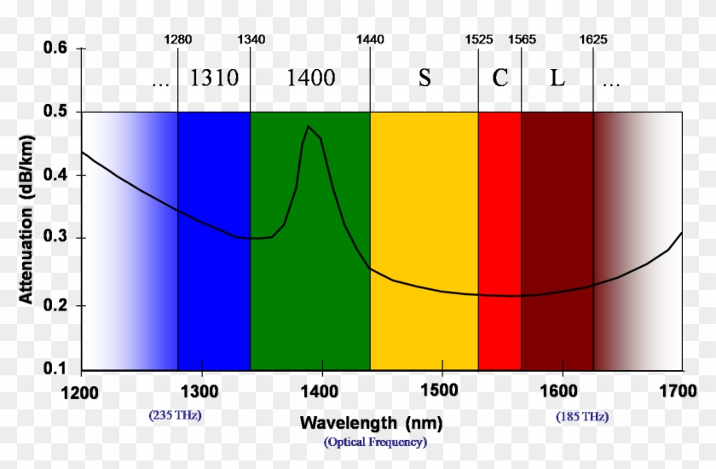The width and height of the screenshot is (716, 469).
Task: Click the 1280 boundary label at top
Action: tap(178, 40)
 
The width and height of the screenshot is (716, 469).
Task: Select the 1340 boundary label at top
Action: tap(251, 40)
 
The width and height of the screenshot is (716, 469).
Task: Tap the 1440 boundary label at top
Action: tap(370, 40)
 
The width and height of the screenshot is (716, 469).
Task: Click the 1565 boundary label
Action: tap(523, 40)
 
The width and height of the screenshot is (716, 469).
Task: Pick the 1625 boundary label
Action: tap(593, 40)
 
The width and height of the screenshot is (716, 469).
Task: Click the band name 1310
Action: tap(213, 78)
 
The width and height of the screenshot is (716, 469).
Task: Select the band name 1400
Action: tap(310, 78)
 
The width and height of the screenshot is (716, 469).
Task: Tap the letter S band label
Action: tap(424, 78)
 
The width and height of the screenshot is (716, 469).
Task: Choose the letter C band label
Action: tap(499, 78)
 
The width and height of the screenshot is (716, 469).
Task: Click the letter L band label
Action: tap(557, 78)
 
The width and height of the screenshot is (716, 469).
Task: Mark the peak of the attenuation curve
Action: tap(308, 127)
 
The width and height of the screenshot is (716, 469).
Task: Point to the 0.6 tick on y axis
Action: tap(55, 49)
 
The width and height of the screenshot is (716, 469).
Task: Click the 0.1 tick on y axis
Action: tap(55, 368)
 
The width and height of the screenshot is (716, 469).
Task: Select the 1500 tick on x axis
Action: tap(442, 391)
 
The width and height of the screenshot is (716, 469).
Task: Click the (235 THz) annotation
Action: tap(176, 416)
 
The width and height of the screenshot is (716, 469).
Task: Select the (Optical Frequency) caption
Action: tap(375, 442)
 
